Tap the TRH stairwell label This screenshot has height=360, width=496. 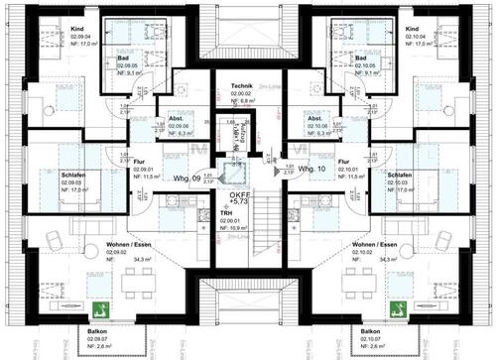coord(227,211)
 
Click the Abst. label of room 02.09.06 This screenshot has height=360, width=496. coord(175,116)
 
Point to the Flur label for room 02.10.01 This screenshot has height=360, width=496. coord(344,161)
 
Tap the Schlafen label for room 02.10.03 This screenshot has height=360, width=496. coord(401,175)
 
